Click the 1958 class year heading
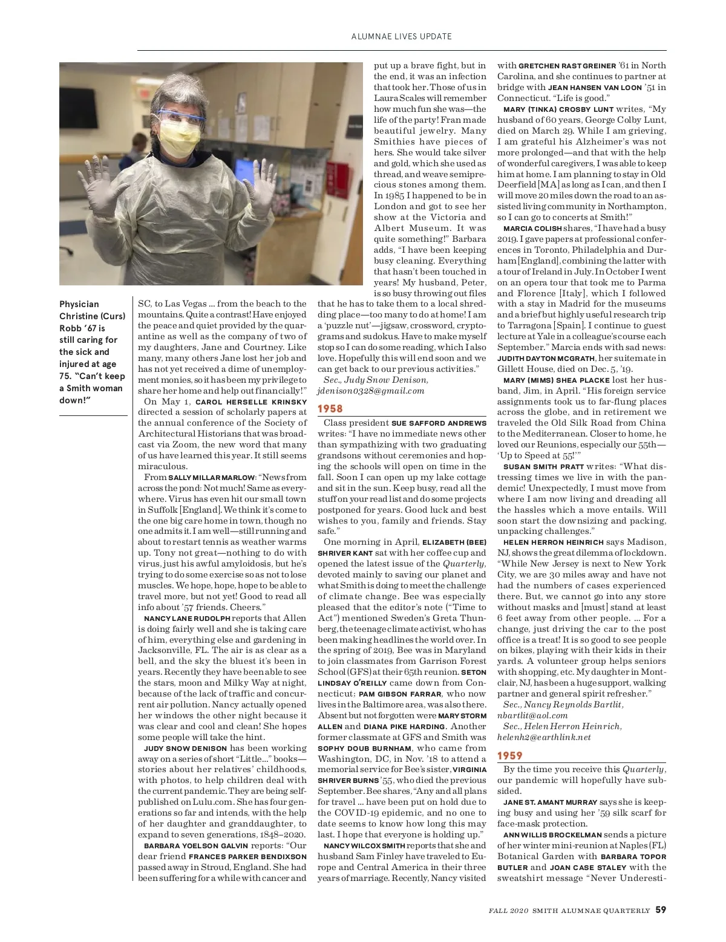330,409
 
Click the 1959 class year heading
510,756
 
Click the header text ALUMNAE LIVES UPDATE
402,36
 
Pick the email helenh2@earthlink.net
544,737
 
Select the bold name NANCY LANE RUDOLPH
187,619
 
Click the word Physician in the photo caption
79,304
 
